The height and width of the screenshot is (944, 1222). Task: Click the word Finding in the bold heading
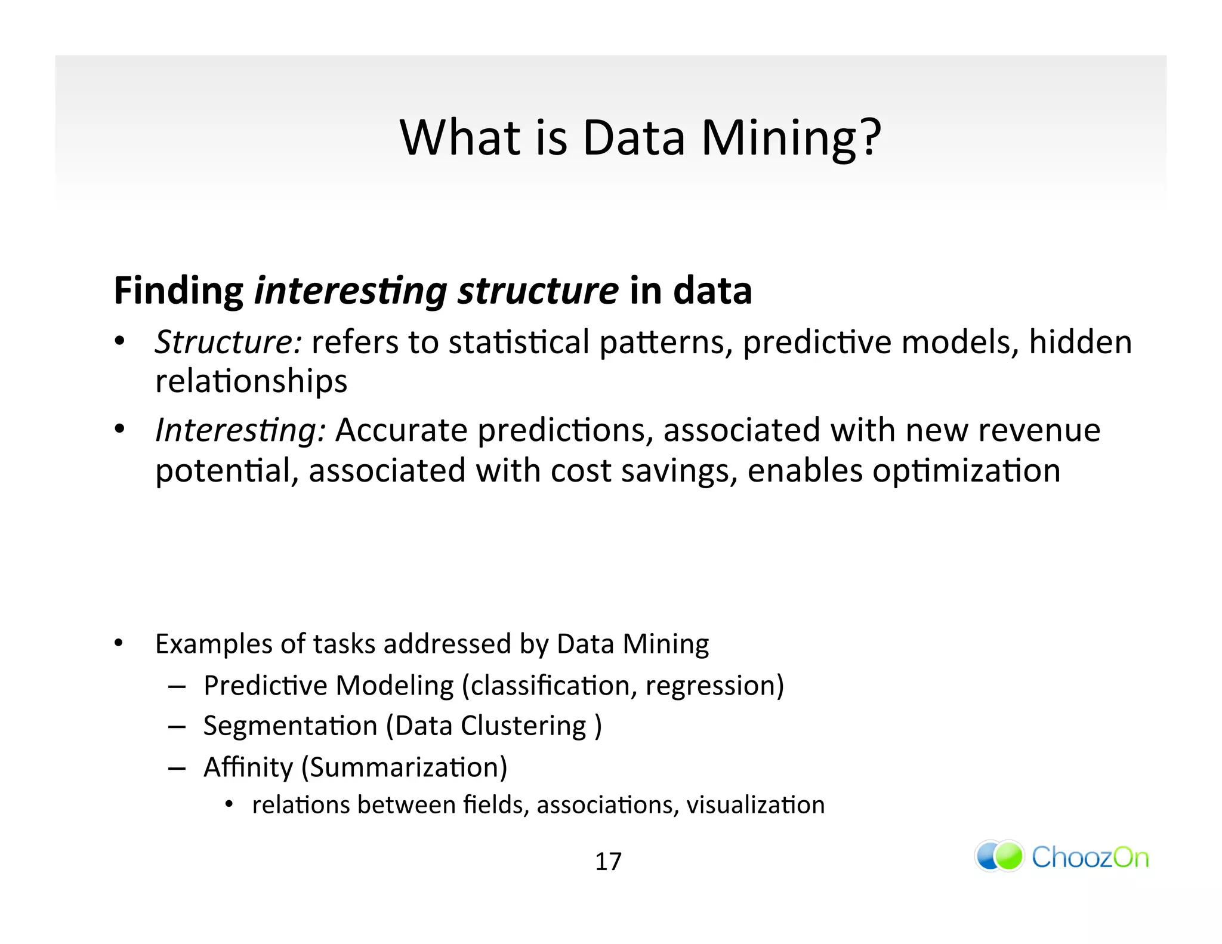point(178,291)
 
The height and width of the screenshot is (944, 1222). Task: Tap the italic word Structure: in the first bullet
point(228,343)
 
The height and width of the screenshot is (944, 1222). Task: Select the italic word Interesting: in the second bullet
point(240,430)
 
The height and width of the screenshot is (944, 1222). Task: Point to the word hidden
point(1080,343)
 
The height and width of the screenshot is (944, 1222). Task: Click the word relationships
point(251,382)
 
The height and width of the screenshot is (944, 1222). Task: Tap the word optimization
point(966,471)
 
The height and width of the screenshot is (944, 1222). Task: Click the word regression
point(709,686)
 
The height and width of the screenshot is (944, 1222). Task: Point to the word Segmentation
point(290,726)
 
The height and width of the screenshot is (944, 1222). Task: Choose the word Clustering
point(523,726)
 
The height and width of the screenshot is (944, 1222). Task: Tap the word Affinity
point(248,767)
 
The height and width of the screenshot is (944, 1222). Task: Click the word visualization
point(755,805)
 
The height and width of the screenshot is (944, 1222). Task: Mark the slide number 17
point(608,862)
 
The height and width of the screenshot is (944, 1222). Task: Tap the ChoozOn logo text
point(1090,857)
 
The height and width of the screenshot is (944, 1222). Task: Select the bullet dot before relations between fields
point(229,805)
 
